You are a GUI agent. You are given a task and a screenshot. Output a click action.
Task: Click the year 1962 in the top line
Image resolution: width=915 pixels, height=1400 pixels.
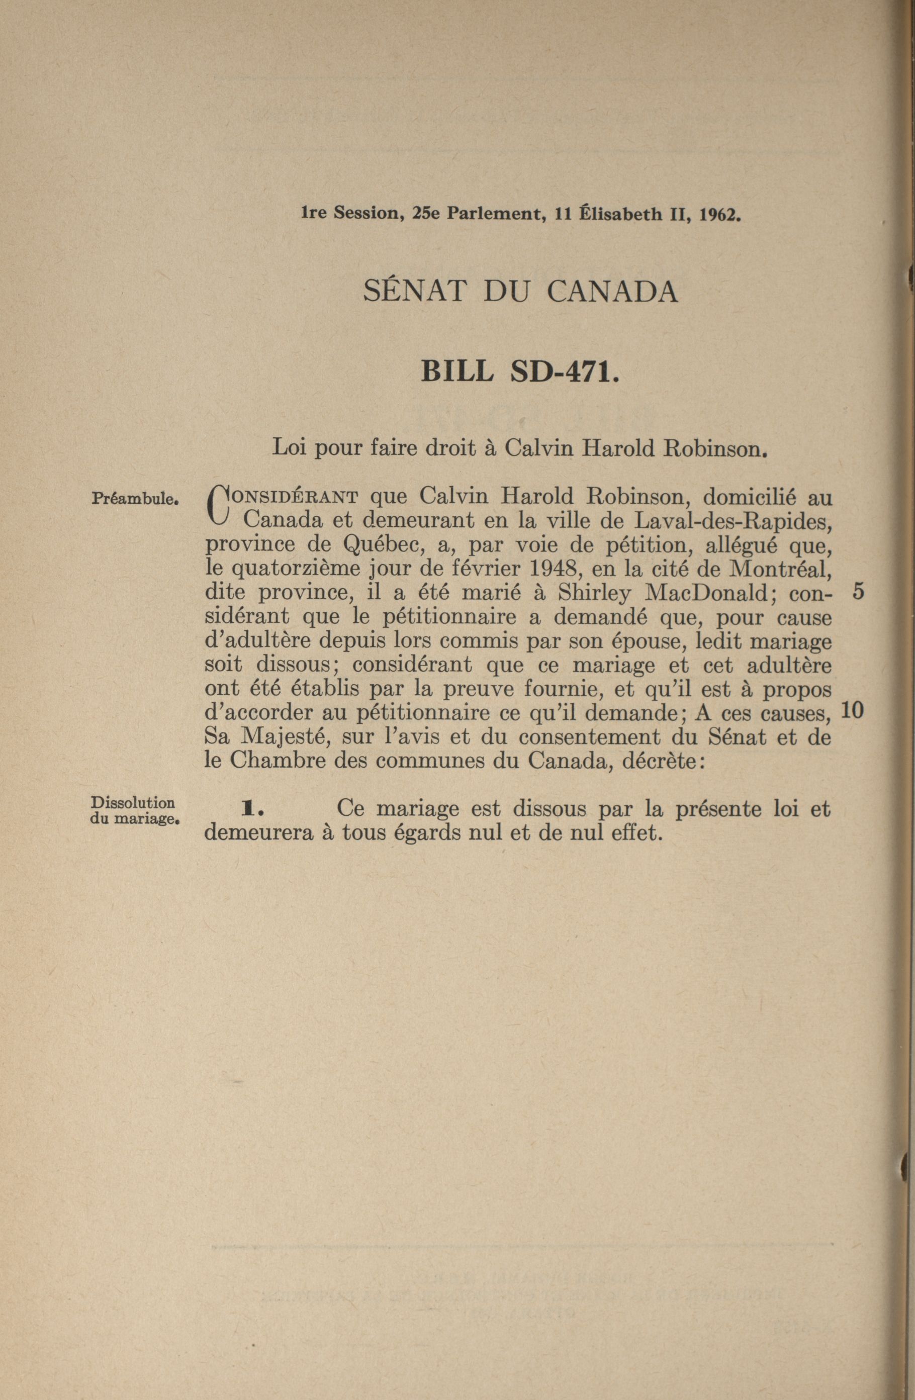[x=718, y=215]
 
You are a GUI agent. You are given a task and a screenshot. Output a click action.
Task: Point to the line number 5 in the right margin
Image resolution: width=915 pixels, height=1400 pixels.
[x=857, y=592]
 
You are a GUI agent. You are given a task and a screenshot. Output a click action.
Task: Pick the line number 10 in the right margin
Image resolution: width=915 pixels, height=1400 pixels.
[x=852, y=711]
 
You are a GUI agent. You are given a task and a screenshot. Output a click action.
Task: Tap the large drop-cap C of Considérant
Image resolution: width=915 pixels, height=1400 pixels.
[x=218, y=505]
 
